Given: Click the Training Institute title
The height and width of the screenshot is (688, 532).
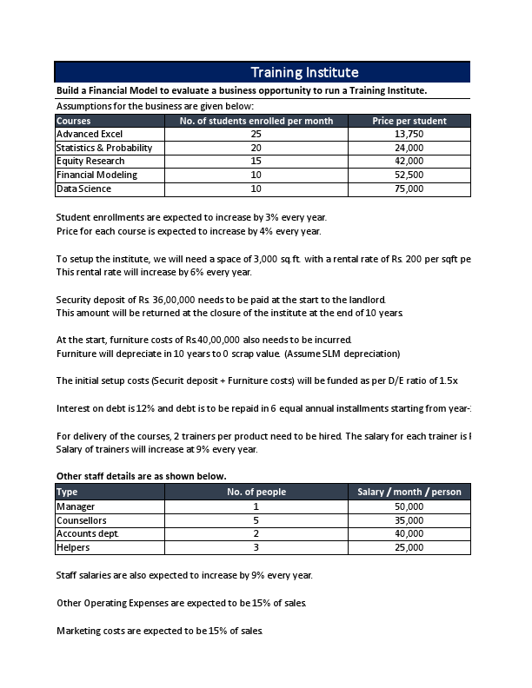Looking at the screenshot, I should point(304,72).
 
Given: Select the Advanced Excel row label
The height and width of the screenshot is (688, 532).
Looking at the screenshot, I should point(90,135).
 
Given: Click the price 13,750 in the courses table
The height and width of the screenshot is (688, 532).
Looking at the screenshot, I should point(409,135).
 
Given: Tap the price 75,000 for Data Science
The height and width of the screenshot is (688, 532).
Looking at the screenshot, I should point(409,189).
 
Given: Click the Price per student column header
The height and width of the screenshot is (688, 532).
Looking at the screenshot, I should point(409,121).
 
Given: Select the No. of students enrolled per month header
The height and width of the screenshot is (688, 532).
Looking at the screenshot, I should point(256,121).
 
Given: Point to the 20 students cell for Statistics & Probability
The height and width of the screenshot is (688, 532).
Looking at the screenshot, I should point(256,148).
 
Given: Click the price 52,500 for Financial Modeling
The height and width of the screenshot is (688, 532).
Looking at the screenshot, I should point(409,175).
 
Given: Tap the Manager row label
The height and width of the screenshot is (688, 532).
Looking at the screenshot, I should point(76,506).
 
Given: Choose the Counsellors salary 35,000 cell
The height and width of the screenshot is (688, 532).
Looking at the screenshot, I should point(409,520).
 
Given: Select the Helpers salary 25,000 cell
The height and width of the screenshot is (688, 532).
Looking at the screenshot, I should point(409,547).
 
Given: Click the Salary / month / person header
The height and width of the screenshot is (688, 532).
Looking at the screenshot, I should point(409,492).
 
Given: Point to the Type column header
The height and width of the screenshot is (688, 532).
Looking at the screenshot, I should point(67,492).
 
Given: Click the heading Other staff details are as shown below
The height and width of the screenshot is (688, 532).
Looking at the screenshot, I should point(141,476).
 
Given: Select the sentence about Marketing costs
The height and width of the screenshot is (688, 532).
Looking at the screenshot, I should point(159,630).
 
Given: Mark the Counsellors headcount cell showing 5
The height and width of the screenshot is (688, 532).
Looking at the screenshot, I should point(256,520).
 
